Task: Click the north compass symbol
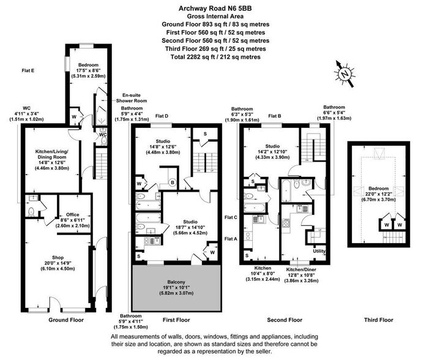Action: (x=345, y=72)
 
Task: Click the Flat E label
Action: (x=28, y=71)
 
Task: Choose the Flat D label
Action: (x=162, y=116)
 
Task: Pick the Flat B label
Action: (x=275, y=115)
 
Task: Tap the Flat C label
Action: (x=231, y=217)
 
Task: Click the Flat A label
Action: (x=231, y=238)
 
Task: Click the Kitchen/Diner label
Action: (x=302, y=269)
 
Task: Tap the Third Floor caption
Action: (x=378, y=320)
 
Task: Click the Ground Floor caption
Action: (x=66, y=320)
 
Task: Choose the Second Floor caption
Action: (x=285, y=320)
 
